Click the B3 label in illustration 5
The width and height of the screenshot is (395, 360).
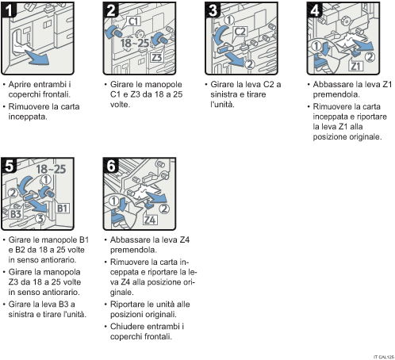point(15,213)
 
